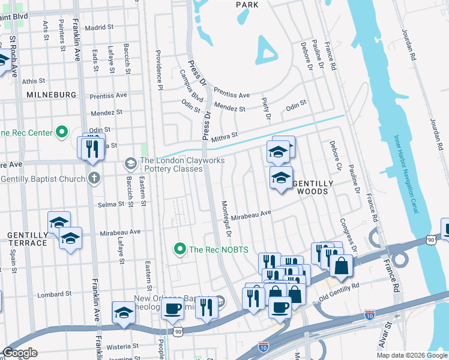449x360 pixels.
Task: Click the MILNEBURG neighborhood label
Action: pyautogui.click(x=51, y=95)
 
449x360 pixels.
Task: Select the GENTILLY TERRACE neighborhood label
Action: pyautogui.click(x=27, y=239)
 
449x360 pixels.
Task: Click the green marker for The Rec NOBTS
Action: pyautogui.click(x=179, y=248)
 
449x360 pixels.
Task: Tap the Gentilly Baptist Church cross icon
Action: pyautogui.click(x=94, y=178)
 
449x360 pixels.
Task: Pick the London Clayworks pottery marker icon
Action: pyautogui.click(x=130, y=163)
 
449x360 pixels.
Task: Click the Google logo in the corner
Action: pyautogui.click(x=20, y=352)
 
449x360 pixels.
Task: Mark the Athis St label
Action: pyautogui.click(x=33, y=81)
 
